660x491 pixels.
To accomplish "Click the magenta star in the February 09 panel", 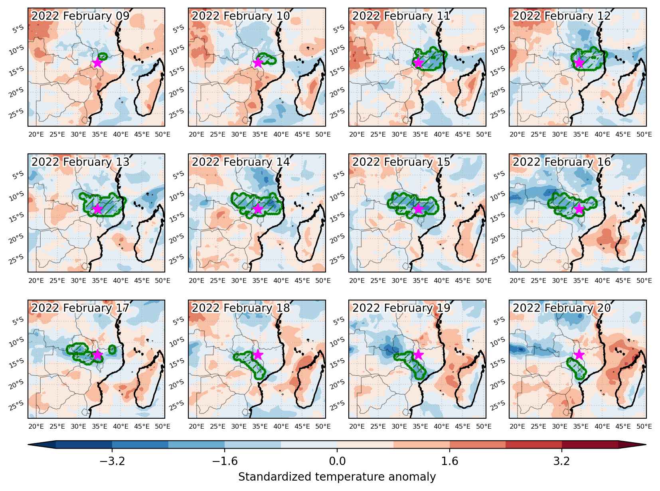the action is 97,63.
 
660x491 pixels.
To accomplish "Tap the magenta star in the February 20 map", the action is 579,355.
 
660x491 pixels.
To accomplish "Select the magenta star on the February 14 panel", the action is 258,209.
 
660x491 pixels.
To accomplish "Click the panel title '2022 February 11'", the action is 401,16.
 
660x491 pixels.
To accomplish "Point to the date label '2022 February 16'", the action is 561,162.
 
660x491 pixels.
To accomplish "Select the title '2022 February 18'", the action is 241,308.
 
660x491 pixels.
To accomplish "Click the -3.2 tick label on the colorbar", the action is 112,461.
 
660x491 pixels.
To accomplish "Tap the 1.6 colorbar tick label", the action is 449,461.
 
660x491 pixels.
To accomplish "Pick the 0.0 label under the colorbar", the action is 337,461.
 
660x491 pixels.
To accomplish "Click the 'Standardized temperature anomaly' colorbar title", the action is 337,477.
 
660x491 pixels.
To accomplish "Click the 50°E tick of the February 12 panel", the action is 644,134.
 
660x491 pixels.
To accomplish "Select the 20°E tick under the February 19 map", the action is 357,426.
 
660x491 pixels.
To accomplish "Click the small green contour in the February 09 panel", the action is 103,56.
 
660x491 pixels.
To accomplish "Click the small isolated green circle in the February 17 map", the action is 112,350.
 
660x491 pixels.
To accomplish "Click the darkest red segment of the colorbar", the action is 590,445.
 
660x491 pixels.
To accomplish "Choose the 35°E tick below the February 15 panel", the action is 420,280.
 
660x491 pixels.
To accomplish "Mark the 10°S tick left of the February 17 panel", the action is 16,343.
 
